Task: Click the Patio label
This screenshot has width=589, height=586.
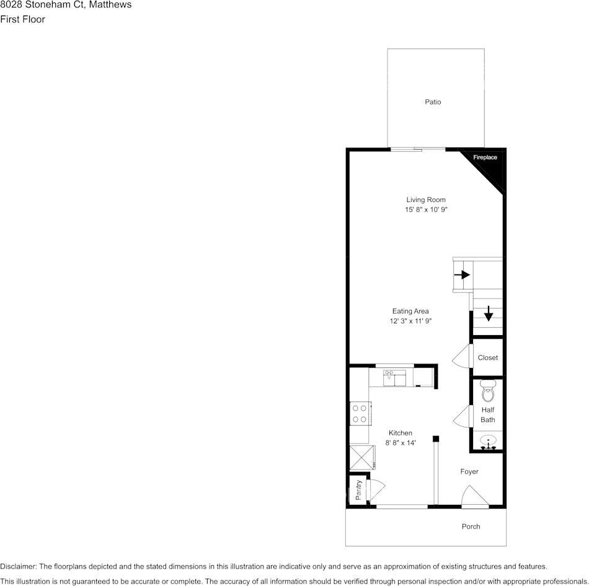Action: pyautogui.click(x=433, y=102)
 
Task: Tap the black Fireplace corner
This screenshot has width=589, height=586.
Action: pyautogui.click(x=490, y=162)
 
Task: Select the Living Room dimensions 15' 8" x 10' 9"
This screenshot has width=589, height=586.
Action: pyautogui.click(x=427, y=210)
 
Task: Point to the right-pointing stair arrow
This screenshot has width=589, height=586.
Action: pyautogui.click(x=462, y=274)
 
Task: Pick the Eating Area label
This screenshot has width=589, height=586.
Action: pyautogui.click(x=410, y=311)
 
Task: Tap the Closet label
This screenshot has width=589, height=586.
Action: pyautogui.click(x=488, y=357)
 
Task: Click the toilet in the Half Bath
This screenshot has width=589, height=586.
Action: pyautogui.click(x=488, y=391)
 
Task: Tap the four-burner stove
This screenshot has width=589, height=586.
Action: pyautogui.click(x=360, y=413)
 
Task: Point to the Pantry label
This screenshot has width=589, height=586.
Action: pyautogui.click(x=358, y=490)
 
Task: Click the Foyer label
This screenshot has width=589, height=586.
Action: pyautogui.click(x=469, y=471)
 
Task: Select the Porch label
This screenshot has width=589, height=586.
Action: pyautogui.click(x=471, y=527)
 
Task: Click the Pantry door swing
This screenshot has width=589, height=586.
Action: pyautogui.click(x=376, y=490)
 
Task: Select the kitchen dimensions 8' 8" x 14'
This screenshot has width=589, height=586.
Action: pyautogui.click(x=401, y=442)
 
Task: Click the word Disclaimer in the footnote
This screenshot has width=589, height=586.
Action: pyautogui.click(x=19, y=566)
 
